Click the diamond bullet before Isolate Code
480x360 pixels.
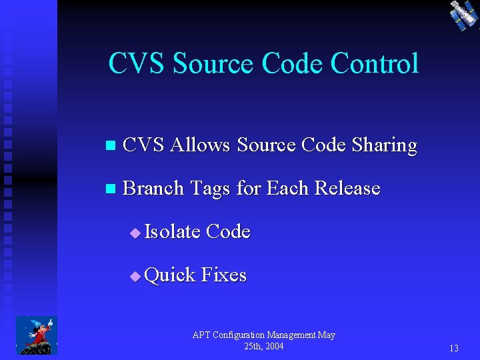135,233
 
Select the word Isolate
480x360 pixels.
172,232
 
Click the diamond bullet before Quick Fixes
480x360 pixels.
135,276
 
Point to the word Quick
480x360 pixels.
169,275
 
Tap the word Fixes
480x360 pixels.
224,275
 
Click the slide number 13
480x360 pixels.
453,348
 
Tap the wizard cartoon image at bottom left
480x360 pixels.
37,335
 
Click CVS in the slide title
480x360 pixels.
137,64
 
